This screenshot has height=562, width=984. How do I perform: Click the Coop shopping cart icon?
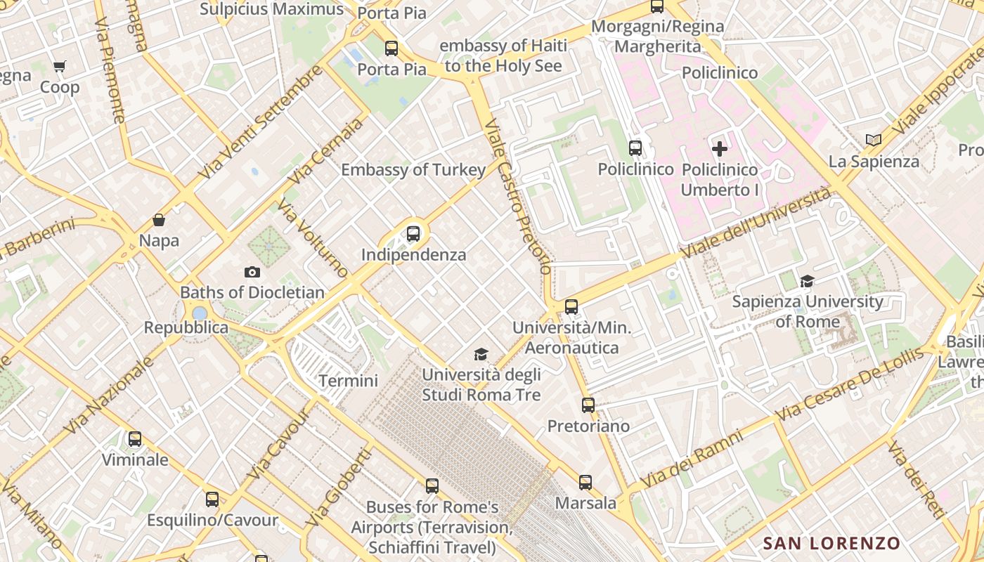[60, 67]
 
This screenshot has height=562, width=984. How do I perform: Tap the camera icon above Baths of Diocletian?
[252, 272]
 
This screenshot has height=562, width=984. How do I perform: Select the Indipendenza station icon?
[413, 234]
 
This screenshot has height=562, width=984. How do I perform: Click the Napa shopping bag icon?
[159, 220]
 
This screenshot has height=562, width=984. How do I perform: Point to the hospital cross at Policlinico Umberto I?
[720, 149]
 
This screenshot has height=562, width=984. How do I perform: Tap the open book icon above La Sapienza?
[874, 140]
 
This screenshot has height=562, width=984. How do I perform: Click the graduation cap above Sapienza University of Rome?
[807, 281]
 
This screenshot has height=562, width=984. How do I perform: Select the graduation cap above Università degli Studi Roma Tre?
[481, 354]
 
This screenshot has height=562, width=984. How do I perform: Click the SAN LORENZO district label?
[831, 543]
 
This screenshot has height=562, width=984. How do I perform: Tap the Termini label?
[348, 381]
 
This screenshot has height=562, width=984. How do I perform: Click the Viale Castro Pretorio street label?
[519, 197]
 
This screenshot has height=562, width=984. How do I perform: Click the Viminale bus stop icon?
[135, 439]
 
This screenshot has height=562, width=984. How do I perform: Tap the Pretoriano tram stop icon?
[588, 405]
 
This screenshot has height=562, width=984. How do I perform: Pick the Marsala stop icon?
[585, 483]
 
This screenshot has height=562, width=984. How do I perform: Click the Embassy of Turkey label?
[413, 170]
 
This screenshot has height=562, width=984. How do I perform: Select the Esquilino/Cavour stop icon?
[212, 499]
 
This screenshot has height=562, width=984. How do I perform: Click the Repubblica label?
[186, 327]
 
